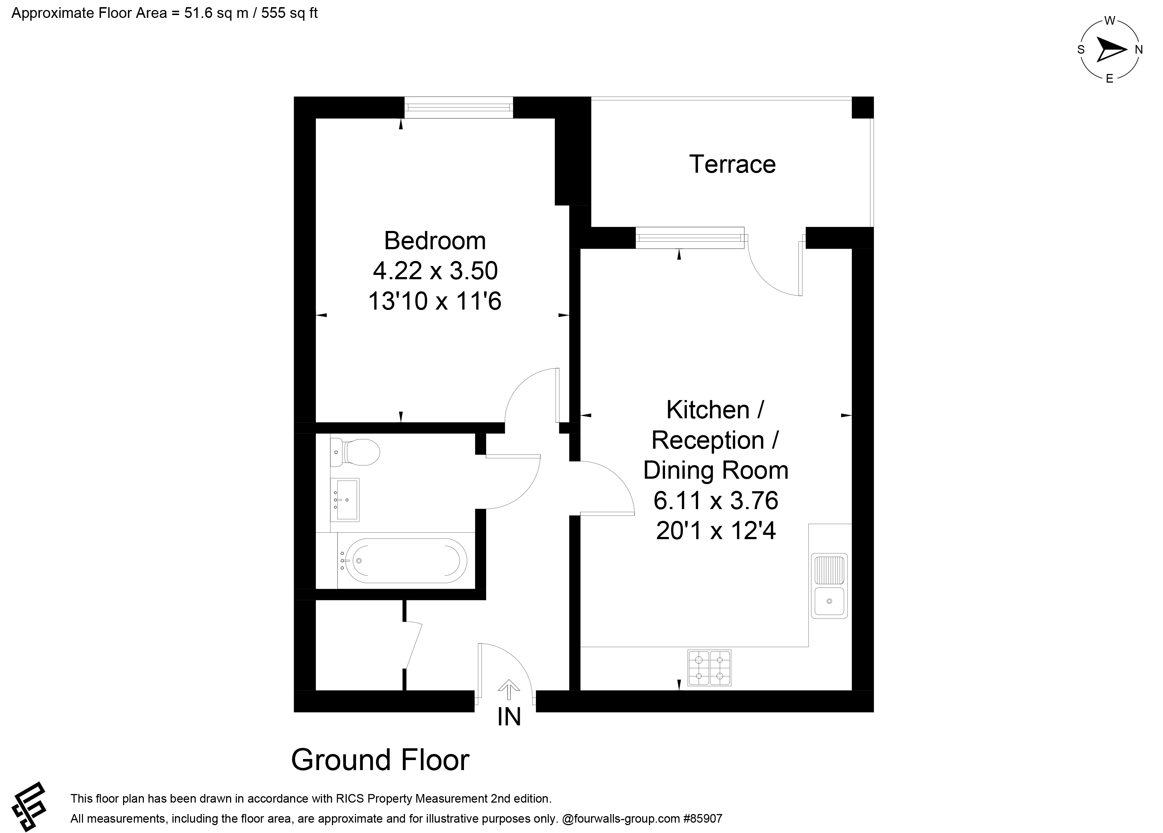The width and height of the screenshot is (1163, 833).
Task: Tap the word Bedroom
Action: click(x=435, y=241)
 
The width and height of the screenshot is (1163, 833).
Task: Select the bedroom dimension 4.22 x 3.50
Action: click(x=435, y=271)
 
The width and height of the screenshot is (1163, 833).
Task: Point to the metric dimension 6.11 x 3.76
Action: click(x=716, y=500)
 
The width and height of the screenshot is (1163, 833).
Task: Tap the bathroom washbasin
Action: click(x=344, y=500)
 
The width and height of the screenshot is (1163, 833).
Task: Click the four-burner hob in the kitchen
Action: click(x=709, y=668)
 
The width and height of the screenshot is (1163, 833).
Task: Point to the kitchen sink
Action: click(x=829, y=585)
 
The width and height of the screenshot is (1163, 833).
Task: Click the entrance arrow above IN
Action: click(x=509, y=690)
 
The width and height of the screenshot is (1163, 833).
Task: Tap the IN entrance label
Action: click(x=509, y=717)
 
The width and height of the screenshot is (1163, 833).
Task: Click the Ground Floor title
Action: click(x=380, y=760)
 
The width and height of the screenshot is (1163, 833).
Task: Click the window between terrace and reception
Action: click(x=690, y=238)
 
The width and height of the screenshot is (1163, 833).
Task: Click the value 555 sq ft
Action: click(x=289, y=13)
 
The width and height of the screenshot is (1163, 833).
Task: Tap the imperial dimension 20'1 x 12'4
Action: click(x=716, y=531)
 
